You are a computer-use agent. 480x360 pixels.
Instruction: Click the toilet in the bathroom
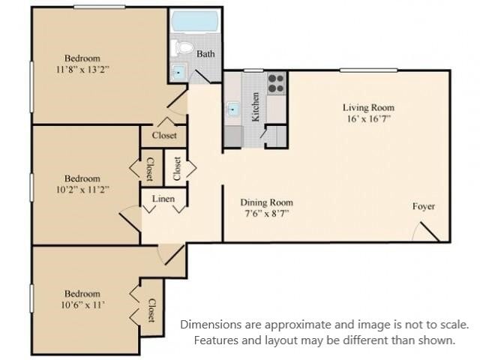click(x=180, y=48)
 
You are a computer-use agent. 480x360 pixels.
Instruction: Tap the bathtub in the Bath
click(x=194, y=20)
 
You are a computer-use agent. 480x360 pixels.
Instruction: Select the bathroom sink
click(x=178, y=73)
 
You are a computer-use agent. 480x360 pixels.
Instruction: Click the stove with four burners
click(x=276, y=81)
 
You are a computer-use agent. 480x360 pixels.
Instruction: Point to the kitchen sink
click(x=233, y=109)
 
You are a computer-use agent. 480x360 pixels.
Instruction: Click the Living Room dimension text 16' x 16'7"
click(x=367, y=118)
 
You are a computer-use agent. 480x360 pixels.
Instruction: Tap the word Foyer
click(x=424, y=206)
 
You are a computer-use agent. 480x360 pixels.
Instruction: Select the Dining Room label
click(x=266, y=202)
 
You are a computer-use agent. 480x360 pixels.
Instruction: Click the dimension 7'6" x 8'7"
click(x=266, y=214)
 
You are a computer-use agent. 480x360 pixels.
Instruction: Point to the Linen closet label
click(x=163, y=199)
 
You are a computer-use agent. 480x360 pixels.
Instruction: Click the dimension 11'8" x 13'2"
click(x=82, y=69)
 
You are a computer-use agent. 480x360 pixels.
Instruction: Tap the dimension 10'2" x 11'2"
click(x=82, y=189)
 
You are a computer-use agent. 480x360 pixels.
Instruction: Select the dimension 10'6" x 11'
click(x=82, y=305)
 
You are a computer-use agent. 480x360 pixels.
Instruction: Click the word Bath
click(x=205, y=54)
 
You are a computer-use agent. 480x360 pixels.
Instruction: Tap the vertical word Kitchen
click(x=256, y=106)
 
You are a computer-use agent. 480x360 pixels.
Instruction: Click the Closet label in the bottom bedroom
click(x=151, y=310)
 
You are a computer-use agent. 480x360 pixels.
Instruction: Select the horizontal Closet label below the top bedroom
click(x=164, y=136)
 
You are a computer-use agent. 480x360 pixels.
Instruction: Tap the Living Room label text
click(x=368, y=107)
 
